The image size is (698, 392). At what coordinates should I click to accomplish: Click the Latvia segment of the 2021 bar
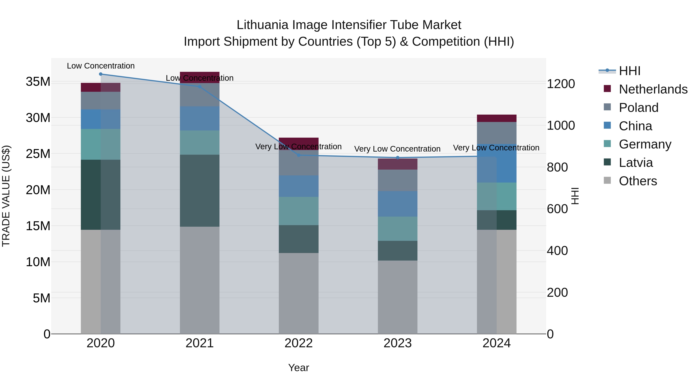coord(200,190)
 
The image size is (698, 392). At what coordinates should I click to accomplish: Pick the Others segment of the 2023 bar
coord(397,297)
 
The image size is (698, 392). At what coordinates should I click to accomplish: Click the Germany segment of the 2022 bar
coord(298,211)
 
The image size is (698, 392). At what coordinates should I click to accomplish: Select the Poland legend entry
coord(638,108)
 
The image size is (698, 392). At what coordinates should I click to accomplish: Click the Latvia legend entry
coord(636,163)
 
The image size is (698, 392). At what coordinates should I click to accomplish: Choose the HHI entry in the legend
coord(629,71)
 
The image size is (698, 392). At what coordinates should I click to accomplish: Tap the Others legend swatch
coord(607,180)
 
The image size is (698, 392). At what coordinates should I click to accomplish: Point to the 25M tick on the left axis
coord(38,154)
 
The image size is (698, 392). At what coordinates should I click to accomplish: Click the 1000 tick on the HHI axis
coord(561,125)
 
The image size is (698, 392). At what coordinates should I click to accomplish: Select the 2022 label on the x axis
coord(298,343)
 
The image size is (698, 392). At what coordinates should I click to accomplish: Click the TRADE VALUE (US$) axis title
coord(6,196)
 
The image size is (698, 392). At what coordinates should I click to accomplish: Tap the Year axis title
coord(298,368)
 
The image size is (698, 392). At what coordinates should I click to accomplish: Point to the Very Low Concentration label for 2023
coord(397,149)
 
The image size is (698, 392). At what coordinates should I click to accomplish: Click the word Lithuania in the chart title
coord(262,25)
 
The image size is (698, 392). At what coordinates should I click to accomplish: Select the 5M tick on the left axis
coord(41,298)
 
